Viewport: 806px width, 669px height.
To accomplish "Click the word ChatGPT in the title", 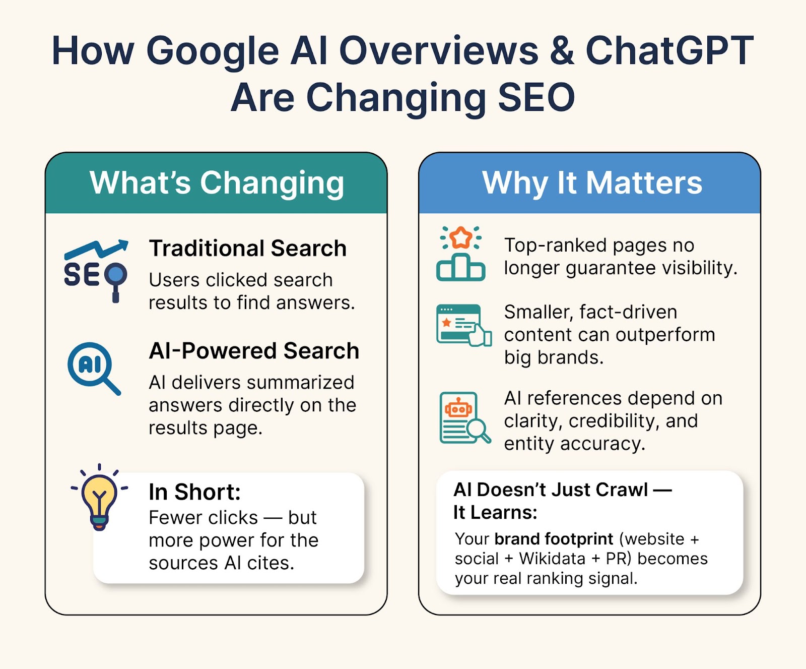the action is click(x=669, y=51).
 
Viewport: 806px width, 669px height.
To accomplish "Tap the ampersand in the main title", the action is click(x=562, y=51).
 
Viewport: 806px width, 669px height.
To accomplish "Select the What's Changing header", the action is click(x=217, y=183).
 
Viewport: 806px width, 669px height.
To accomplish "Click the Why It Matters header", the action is click(x=592, y=183).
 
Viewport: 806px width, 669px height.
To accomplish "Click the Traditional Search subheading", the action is click(x=248, y=248).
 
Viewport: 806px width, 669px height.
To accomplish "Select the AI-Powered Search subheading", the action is click(x=254, y=350).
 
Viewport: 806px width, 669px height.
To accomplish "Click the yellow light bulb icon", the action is click(x=99, y=498).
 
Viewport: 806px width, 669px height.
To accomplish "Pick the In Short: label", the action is click(x=195, y=492).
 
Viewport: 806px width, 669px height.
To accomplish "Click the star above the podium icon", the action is click(x=461, y=237).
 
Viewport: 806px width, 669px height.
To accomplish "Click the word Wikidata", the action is click(x=552, y=559).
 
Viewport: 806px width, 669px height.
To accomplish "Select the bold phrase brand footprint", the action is click(x=554, y=539).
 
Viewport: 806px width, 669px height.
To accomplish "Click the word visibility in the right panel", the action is click(x=699, y=268).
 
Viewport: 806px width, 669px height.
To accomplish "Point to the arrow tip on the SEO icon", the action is click(x=126, y=242).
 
